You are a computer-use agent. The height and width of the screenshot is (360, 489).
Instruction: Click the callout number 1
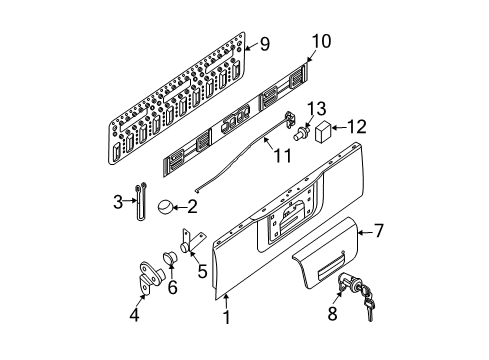point(227,318)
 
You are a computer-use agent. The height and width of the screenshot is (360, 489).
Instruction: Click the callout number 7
point(379,231)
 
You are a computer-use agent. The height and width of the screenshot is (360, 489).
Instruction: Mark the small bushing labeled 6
point(169,262)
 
